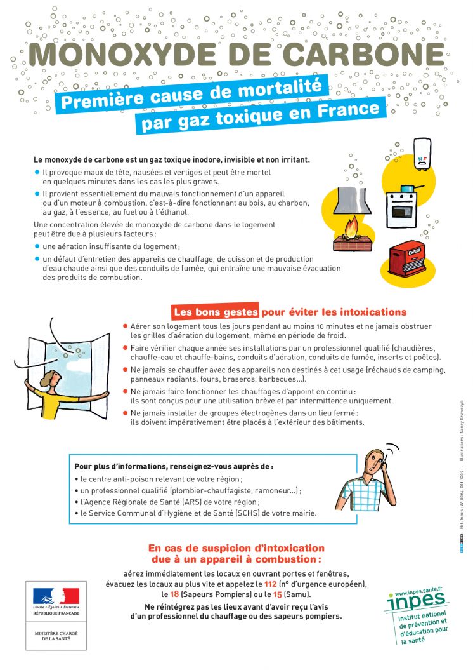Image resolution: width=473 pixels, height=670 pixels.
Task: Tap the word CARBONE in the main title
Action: coord(365,55)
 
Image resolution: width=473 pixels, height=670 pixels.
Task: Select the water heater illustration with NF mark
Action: coord(423,153)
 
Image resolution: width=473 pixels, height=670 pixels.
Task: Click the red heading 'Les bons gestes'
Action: coord(216,312)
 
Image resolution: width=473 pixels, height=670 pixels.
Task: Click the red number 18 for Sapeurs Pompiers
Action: coord(174,594)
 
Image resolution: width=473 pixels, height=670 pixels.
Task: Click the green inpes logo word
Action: coord(415,601)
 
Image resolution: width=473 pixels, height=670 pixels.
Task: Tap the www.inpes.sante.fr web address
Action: coord(418,588)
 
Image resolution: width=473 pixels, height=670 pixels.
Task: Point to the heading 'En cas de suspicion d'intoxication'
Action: coord(236,548)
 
